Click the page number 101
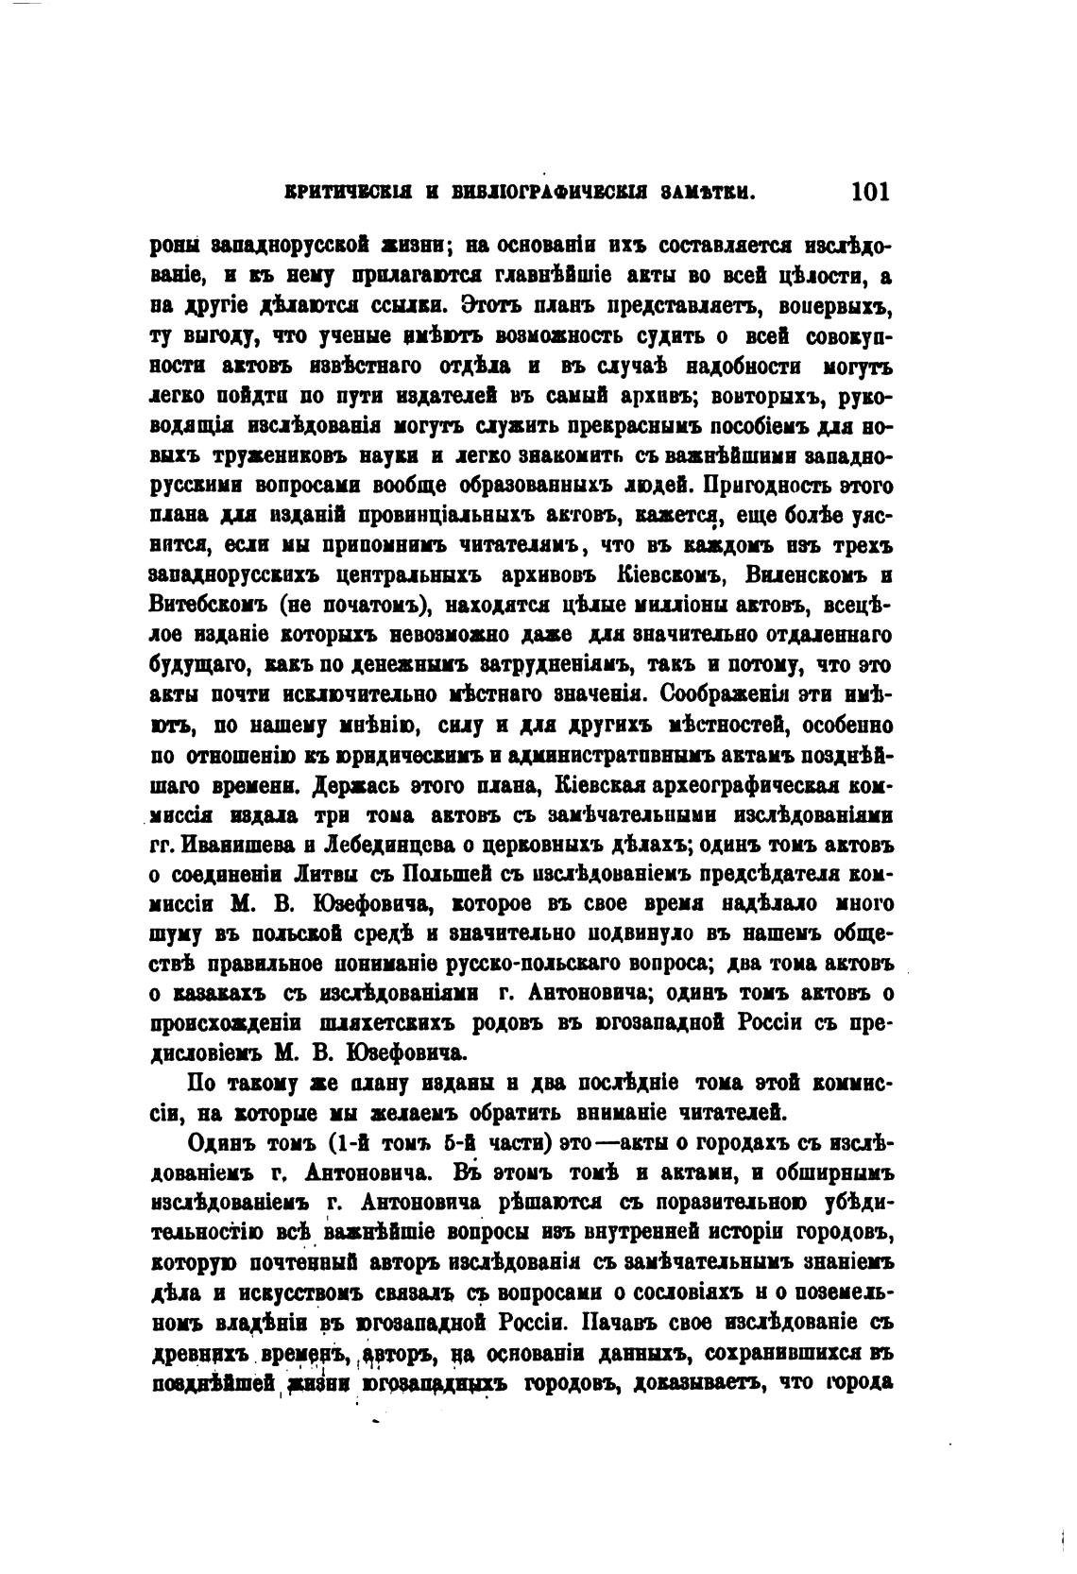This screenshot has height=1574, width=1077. pos(870,192)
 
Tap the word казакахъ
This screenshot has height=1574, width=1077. pos(219,993)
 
